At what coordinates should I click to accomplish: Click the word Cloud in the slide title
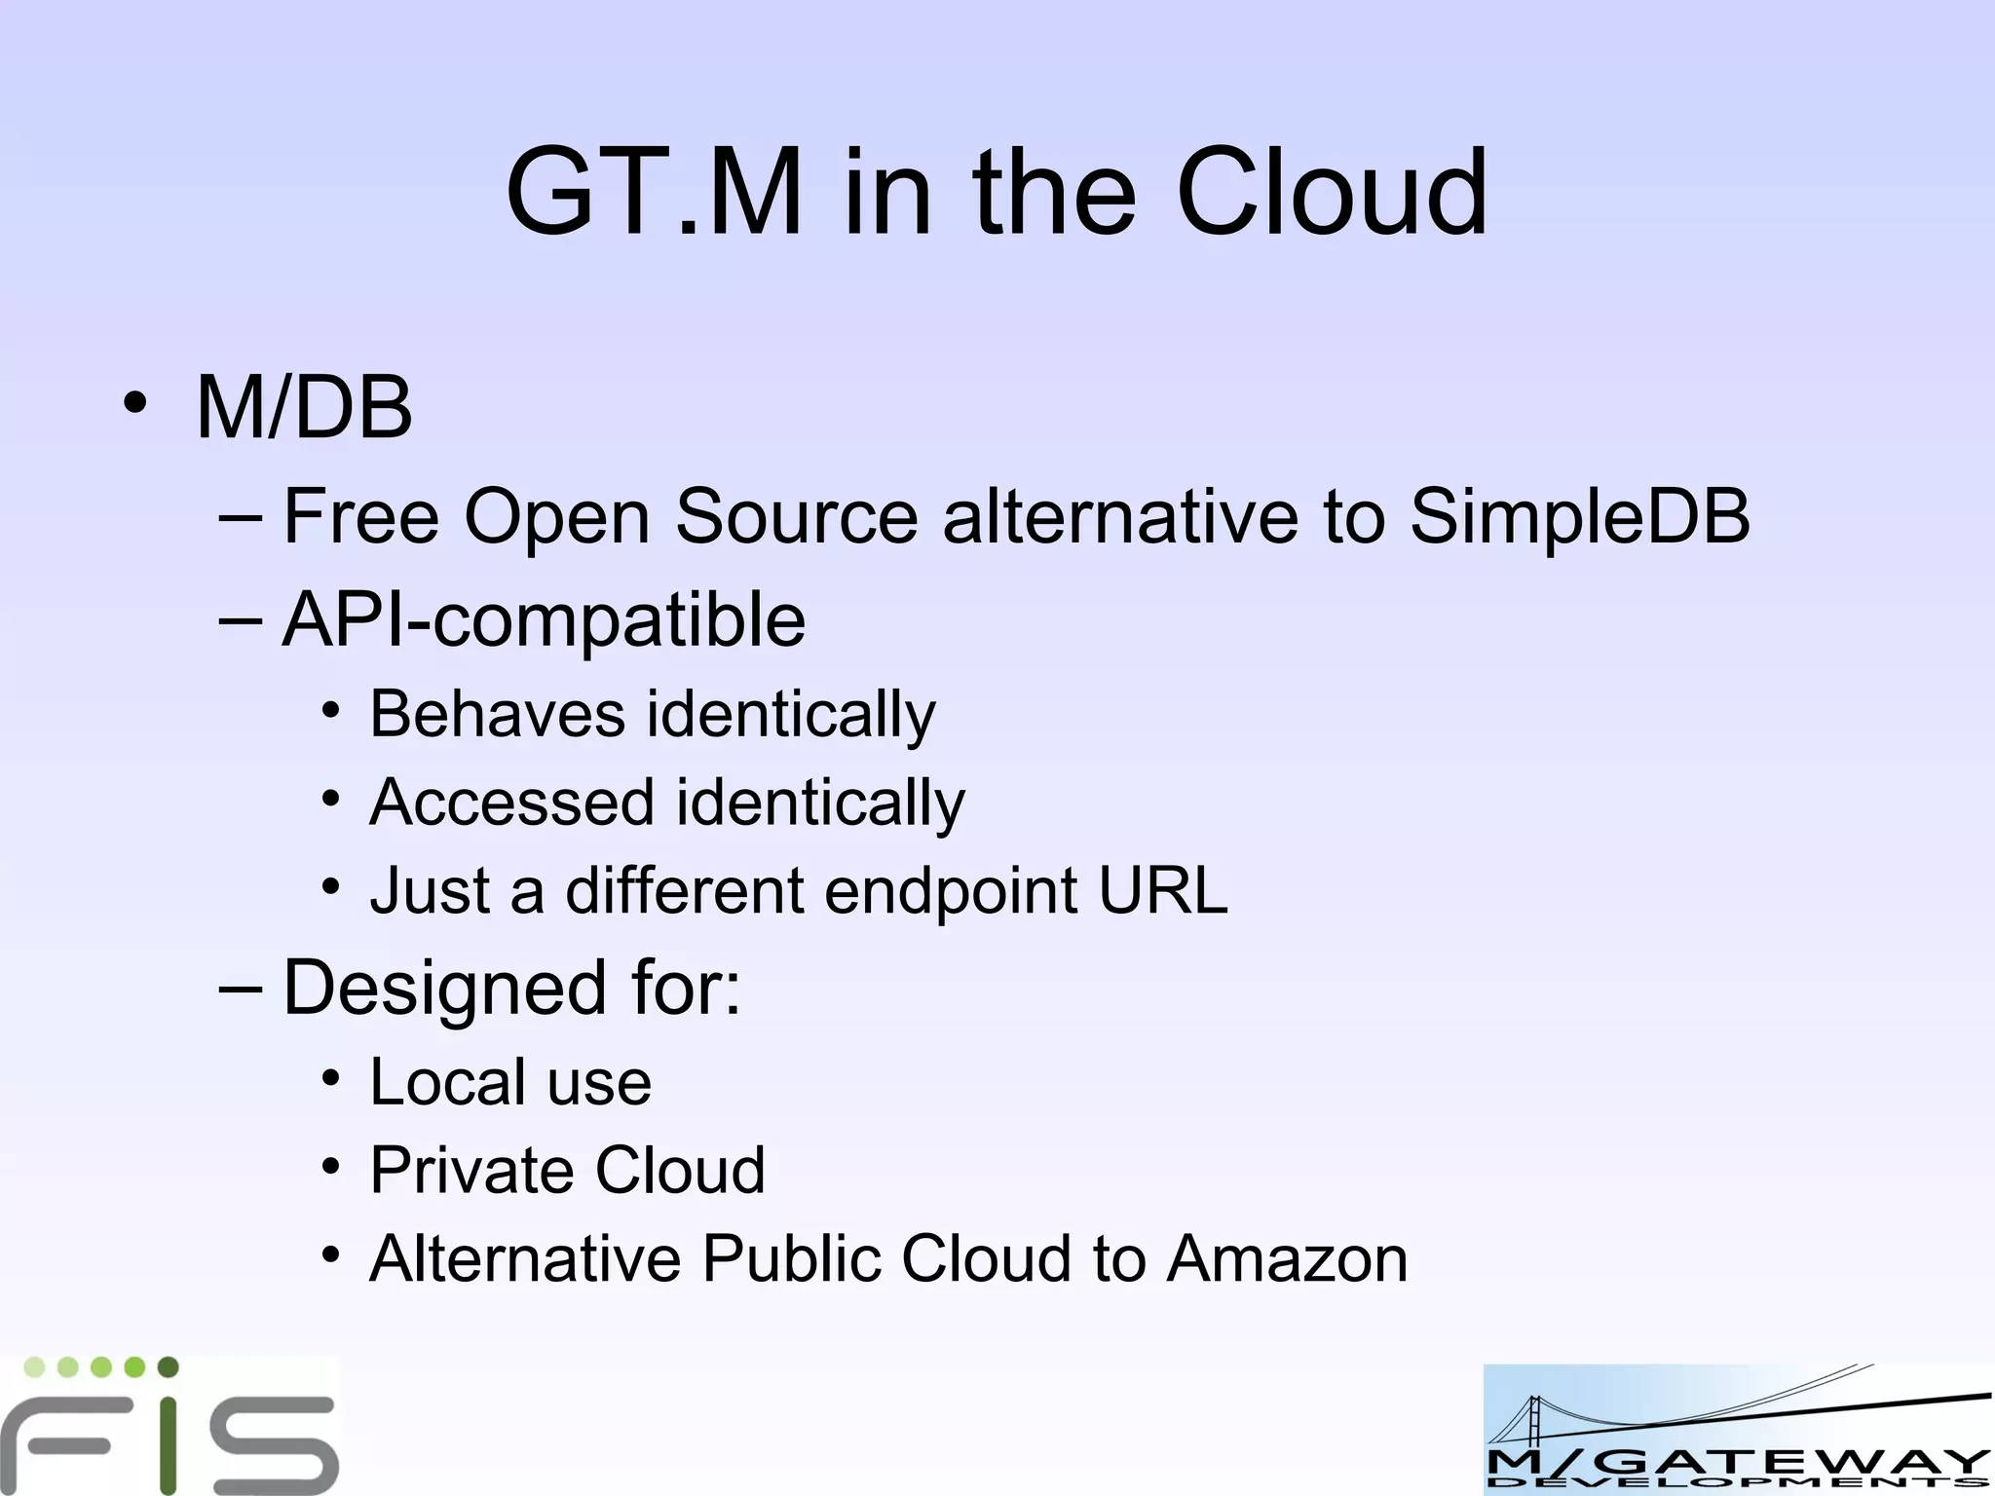coord(1332,193)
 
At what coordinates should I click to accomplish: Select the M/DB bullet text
coord(304,408)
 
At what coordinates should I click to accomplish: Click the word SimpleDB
coord(1579,517)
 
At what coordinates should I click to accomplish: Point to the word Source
coord(796,517)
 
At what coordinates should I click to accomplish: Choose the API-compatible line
coord(544,620)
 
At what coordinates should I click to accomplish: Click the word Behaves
coord(497,714)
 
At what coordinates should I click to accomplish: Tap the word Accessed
coord(511,803)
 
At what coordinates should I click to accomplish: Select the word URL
coord(1162,890)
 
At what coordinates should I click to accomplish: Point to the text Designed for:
coord(511,988)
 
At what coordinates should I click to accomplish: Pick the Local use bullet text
coord(510,1082)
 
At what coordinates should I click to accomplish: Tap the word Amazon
coord(1287,1259)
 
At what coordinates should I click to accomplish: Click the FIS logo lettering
coord(170,1443)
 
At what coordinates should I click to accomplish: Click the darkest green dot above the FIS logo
coord(168,1366)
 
